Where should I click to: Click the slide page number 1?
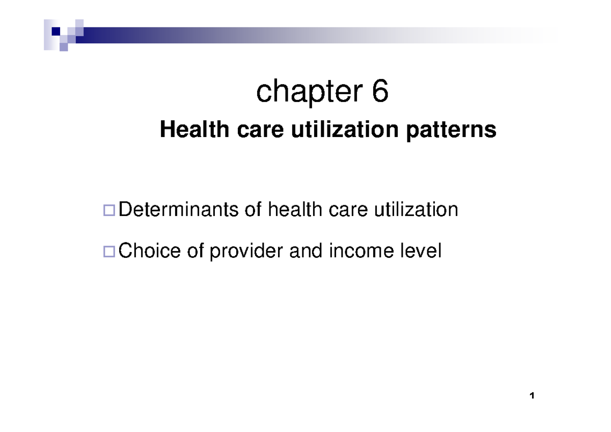532,396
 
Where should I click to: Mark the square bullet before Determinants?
108,210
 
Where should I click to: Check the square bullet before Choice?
108,251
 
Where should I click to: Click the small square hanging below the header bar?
64,47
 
